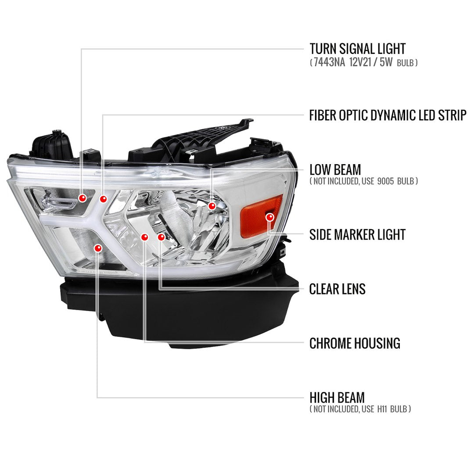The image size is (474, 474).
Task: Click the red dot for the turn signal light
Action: point(82,198)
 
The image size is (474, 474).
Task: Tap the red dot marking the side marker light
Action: point(269,216)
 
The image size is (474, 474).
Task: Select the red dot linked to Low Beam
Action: point(212,205)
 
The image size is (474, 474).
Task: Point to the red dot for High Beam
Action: point(97,248)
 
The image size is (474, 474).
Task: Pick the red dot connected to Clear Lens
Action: point(161,237)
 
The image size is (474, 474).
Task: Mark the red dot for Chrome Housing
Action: point(144,237)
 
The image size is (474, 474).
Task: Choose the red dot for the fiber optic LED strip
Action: point(103,199)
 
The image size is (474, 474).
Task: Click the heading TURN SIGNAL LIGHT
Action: point(357,49)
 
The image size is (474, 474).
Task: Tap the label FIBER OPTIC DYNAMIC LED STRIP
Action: point(388,115)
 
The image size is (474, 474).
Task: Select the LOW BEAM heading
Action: point(335,169)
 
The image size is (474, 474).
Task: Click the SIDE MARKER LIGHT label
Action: point(357,234)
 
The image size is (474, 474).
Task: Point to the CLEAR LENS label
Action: point(337,289)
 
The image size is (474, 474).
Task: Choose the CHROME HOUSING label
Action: point(355,343)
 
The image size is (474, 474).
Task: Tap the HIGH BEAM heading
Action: point(337,398)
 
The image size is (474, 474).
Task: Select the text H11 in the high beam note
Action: point(381,409)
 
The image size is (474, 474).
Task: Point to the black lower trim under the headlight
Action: point(184,312)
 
